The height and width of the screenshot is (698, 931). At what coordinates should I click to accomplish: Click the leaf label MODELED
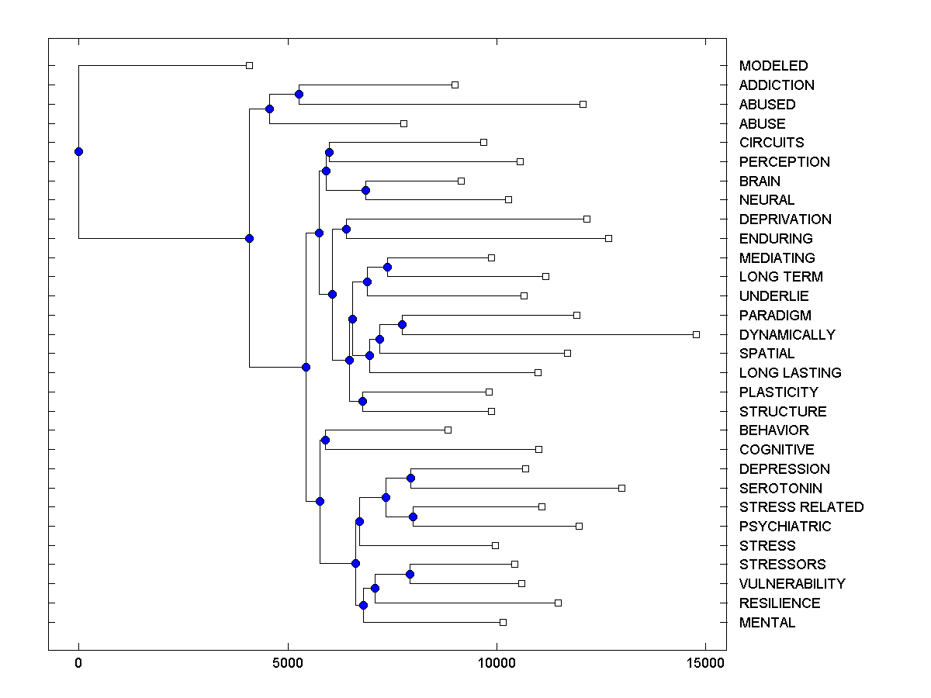774,66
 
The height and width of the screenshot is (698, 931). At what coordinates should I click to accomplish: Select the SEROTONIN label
780,488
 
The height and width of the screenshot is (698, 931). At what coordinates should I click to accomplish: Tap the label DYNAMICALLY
787,334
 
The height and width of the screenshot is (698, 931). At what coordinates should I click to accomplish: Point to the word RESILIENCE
779,603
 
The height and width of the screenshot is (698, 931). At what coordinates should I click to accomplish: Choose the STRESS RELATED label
801,506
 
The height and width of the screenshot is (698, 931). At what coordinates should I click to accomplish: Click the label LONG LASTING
790,372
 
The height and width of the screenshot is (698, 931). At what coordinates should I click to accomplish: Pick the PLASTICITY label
778,392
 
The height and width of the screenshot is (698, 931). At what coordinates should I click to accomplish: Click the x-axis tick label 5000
288,663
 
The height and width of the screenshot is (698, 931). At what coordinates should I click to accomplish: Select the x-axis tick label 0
78,663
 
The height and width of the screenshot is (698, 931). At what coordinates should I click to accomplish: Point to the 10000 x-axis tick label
497,663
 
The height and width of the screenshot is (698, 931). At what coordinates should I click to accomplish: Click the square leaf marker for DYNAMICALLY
696,334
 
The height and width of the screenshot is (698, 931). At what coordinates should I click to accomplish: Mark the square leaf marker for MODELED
249,66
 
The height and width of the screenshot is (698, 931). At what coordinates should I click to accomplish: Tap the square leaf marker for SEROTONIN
621,488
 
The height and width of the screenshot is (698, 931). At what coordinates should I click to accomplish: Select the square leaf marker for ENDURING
608,238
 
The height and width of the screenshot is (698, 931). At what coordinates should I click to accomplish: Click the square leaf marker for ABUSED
583,104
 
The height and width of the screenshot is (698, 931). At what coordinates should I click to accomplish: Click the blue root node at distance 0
78,151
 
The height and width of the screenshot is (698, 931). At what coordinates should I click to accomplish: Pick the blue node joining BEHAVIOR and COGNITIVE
325,440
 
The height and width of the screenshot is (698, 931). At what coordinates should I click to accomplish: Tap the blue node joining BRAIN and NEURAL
365,190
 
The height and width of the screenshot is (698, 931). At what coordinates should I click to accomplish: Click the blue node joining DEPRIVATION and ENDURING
346,229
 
